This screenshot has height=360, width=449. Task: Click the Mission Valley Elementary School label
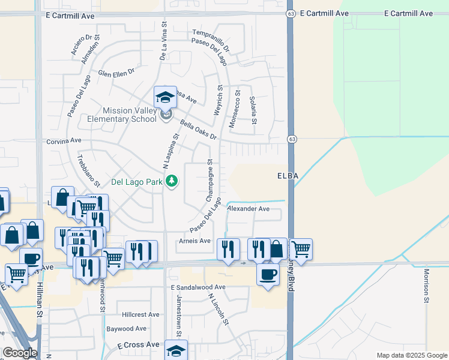(x=130, y=114)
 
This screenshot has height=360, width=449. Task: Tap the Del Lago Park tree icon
(x=172, y=181)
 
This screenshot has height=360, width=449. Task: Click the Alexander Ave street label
(x=249, y=209)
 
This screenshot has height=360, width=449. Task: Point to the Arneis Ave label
(x=195, y=241)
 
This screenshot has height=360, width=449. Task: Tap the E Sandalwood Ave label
(x=197, y=287)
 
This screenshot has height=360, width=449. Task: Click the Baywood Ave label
(x=127, y=329)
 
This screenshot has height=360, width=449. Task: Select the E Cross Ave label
(x=138, y=345)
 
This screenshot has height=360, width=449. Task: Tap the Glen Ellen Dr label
(x=116, y=73)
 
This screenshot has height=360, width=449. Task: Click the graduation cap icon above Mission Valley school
(x=165, y=96)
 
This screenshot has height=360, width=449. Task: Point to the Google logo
(x=20, y=353)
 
